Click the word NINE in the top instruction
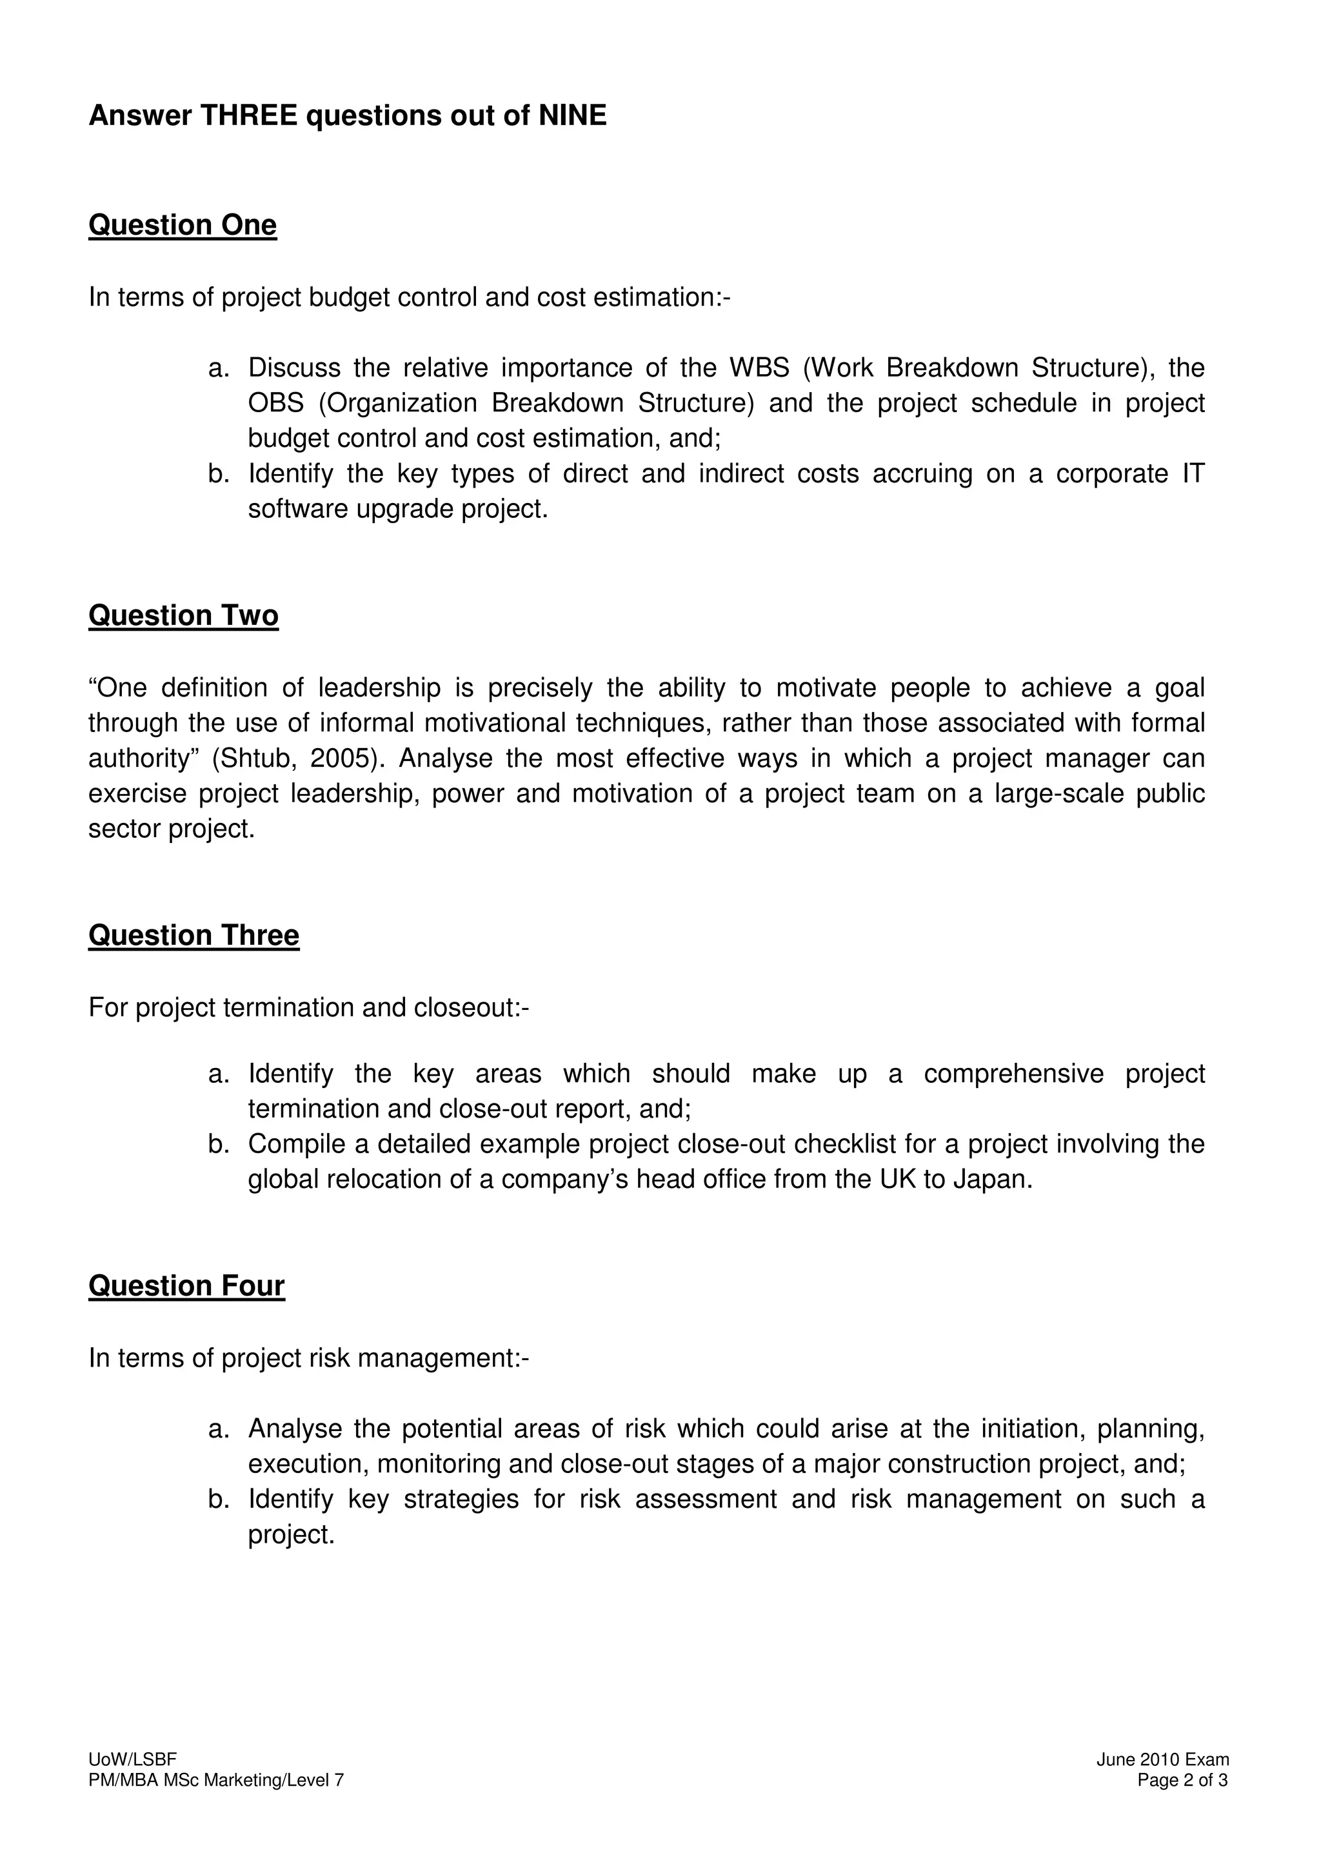click(x=572, y=115)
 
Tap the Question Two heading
click(x=183, y=615)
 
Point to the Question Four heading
click(x=186, y=1285)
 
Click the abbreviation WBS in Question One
click(x=759, y=368)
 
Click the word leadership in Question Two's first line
click(x=379, y=688)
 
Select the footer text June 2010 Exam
click(x=1162, y=1759)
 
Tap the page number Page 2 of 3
click(x=1182, y=1779)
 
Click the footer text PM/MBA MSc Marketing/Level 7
click(x=215, y=1779)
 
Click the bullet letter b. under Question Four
click(x=219, y=1499)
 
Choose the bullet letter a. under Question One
click(x=219, y=368)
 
